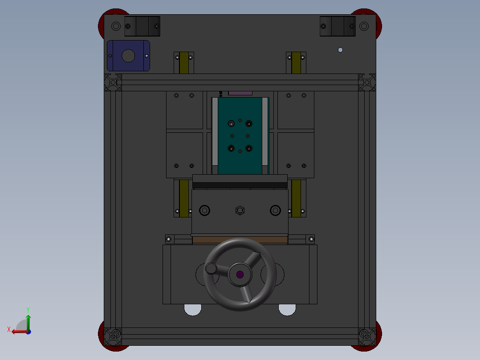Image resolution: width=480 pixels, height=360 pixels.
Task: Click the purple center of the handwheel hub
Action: point(240,274)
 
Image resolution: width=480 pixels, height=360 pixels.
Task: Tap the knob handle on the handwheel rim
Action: point(211,268)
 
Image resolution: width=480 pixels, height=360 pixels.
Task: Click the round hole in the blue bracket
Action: point(128,56)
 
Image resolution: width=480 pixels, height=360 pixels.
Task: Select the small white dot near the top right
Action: point(340,50)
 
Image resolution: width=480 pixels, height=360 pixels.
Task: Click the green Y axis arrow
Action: point(28,322)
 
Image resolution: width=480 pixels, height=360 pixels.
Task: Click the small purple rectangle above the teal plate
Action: point(240,93)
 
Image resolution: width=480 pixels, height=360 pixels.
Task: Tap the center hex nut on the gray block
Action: point(240,210)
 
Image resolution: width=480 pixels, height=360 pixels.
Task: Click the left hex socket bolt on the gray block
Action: point(204,210)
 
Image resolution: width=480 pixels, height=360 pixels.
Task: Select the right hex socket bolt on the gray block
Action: point(276,210)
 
